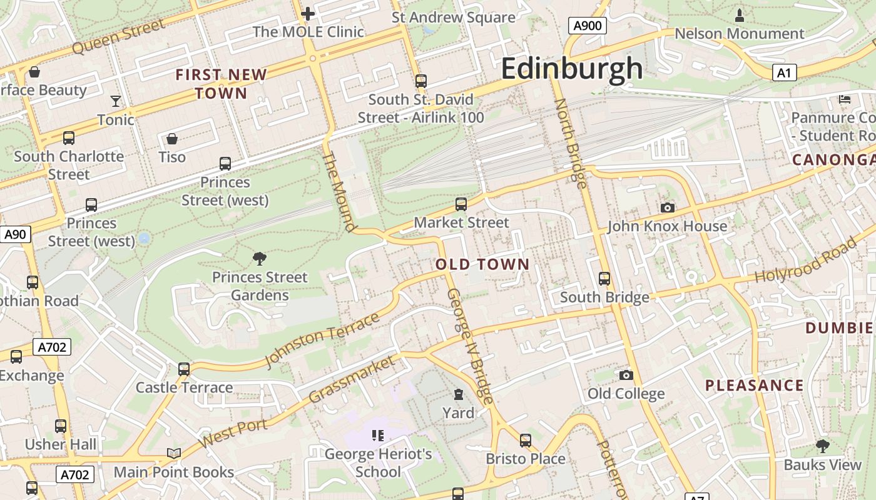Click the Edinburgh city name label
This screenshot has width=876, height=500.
[572, 68]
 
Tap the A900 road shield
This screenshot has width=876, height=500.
[587, 26]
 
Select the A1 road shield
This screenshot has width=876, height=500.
[783, 73]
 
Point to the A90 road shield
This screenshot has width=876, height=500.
[15, 234]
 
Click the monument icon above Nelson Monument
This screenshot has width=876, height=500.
[740, 14]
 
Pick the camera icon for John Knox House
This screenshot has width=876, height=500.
[668, 207]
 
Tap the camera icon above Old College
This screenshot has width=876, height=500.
[626, 375]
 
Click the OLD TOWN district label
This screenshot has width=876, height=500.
[482, 264]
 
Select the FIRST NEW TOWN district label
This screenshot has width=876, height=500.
[221, 84]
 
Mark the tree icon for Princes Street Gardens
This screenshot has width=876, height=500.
[259, 258]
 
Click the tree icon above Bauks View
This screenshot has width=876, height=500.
[822, 446]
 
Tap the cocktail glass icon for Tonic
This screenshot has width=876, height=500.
[116, 101]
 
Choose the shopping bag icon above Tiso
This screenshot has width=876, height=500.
[172, 138]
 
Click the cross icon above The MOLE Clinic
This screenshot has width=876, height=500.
[308, 13]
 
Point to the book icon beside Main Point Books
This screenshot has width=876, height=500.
[173, 453]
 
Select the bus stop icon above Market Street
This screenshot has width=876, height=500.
[461, 204]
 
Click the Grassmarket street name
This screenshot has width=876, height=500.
[352, 379]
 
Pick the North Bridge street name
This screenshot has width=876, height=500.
[571, 143]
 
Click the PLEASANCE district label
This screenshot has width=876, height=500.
[754, 385]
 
